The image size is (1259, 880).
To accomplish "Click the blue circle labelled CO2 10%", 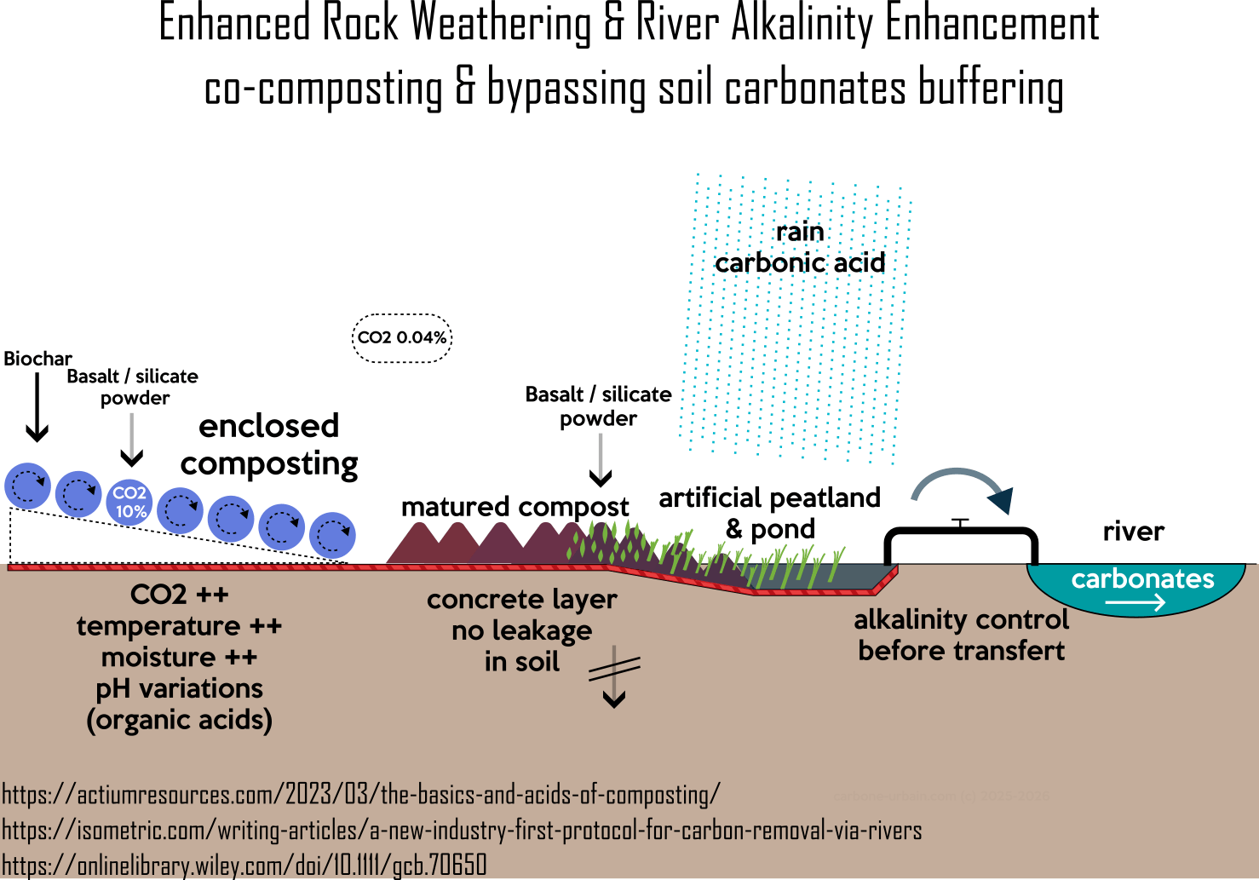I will pyautogui.click(x=129, y=501).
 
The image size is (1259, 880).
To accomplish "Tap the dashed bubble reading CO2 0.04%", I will pyautogui.click(x=402, y=337).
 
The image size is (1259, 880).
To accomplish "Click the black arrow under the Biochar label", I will pyautogui.click(x=37, y=408).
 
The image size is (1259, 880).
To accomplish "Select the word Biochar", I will pyautogui.click(x=37, y=359).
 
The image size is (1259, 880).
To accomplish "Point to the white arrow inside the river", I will pyautogui.click(x=1135, y=603).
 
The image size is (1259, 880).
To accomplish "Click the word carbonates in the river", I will pyautogui.click(x=1142, y=579).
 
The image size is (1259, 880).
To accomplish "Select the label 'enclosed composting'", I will pyautogui.click(x=269, y=444).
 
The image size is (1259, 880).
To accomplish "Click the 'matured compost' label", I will pyautogui.click(x=515, y=507).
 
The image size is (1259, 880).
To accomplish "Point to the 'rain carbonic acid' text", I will pyautogui.click(x=800, y=247).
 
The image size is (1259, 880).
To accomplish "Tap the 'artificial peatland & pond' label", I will pyautogui.click(x=769, y=513).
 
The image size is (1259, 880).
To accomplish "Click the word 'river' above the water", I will pyautogui.click(x=1133, y=532).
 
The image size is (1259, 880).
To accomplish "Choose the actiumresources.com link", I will pyautogui.click(x=361, y=795).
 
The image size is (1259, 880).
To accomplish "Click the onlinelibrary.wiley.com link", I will pyautogui.click(x=244, y=865).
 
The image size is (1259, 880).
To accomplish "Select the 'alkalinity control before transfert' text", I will pyautogui.click(x=961, y=635).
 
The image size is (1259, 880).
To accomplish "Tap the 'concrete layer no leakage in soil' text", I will pyautogui.click(x=521, y=630).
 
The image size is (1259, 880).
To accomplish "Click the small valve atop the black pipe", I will pyautogui.click(x=960, y=523).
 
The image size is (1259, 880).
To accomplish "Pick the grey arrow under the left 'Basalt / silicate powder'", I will pyautogui.click(x=132, y=440).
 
